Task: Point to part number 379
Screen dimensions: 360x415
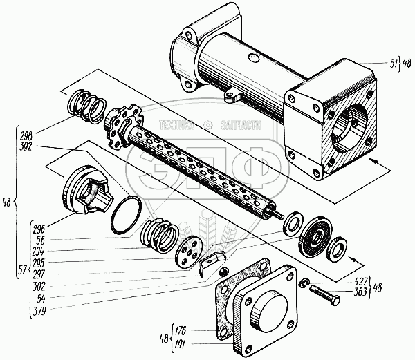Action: pyautogui.click(x=39, y=310)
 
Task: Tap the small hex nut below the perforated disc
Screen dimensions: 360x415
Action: pyautogui.click(x=223, y=271)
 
